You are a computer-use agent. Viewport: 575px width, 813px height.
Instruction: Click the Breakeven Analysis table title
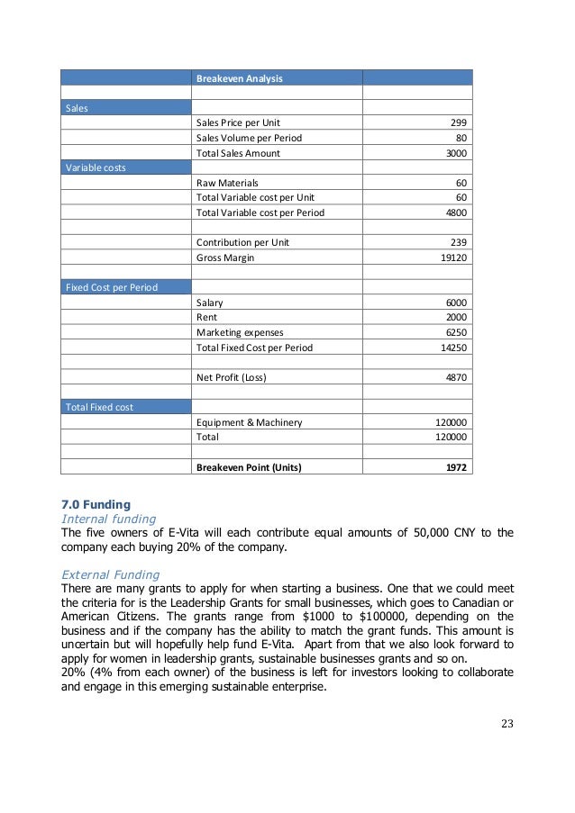point(239,78)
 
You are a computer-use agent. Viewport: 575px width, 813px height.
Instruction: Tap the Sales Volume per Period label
point(249,138)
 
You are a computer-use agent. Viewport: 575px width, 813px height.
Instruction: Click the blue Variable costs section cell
point(125,167)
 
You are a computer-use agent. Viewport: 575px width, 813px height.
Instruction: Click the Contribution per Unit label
point(242,242)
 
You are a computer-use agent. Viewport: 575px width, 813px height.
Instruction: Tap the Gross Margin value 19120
point(452,257)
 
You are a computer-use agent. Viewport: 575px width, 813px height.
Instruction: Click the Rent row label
point(206,317)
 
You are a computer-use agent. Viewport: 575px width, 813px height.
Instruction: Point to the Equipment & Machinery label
point(249,421)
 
